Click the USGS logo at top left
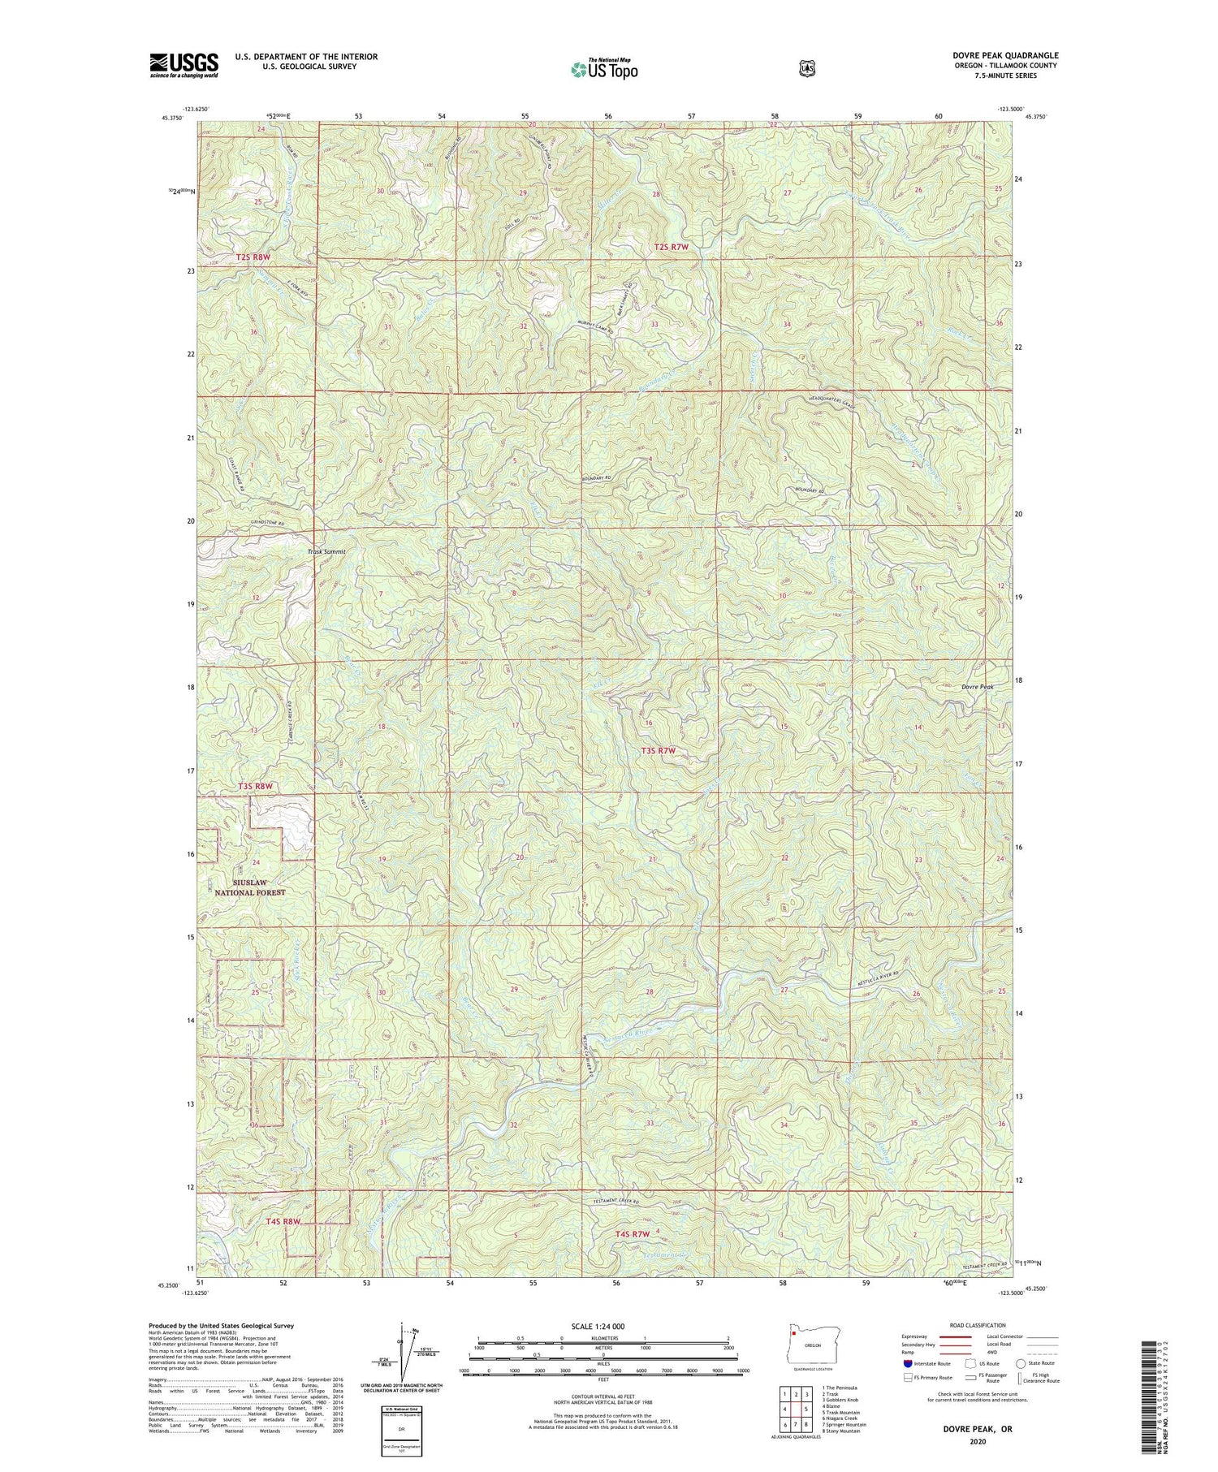[184, 65]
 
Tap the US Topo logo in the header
[604, 69]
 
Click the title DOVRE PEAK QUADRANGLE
[1005, 55]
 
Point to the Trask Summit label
[326, 551]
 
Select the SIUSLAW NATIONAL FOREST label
[250, 887]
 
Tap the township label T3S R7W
[659, 751]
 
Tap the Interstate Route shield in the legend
[907, 1364]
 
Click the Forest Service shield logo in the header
[806, 68]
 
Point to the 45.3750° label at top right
[1034, 117]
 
